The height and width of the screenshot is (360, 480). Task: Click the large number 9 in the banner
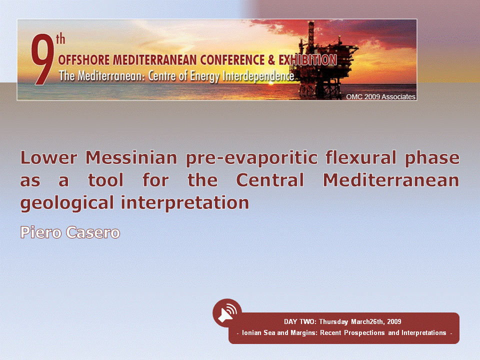pyautogui.click(x=42, y=59)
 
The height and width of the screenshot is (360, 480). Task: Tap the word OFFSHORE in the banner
pyautogui.click(x=83, y=60)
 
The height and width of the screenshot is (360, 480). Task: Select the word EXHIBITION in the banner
pyautogui.click(x=307, y=60)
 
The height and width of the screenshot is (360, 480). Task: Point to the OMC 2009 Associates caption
pyautogui.click(x=380, y=96)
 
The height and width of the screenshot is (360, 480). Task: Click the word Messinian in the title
pyautogui.click(x=131, y=157)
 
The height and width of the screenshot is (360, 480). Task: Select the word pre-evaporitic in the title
pyautogui.click(x=251, y=158)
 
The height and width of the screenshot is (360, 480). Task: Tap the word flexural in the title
pyautogui.click(x=360, y=157)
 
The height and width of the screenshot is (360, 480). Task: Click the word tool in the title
pyautogui.click(x=105, y=179)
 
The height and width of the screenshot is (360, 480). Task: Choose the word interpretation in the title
pyautogui.click(x=184, y=202)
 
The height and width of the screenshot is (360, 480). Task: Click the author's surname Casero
pyautogui.click(x=93, y=232)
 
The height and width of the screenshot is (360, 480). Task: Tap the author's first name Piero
pyautogui.click(x=40, y=232)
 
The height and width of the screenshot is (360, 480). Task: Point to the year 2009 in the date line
pyautogui.click(x=394, y=321)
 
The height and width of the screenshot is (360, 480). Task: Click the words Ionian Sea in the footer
pyautogui.click(x=258, y=333)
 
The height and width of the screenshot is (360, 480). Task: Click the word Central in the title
pyautogui.click(x=270, y=179)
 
